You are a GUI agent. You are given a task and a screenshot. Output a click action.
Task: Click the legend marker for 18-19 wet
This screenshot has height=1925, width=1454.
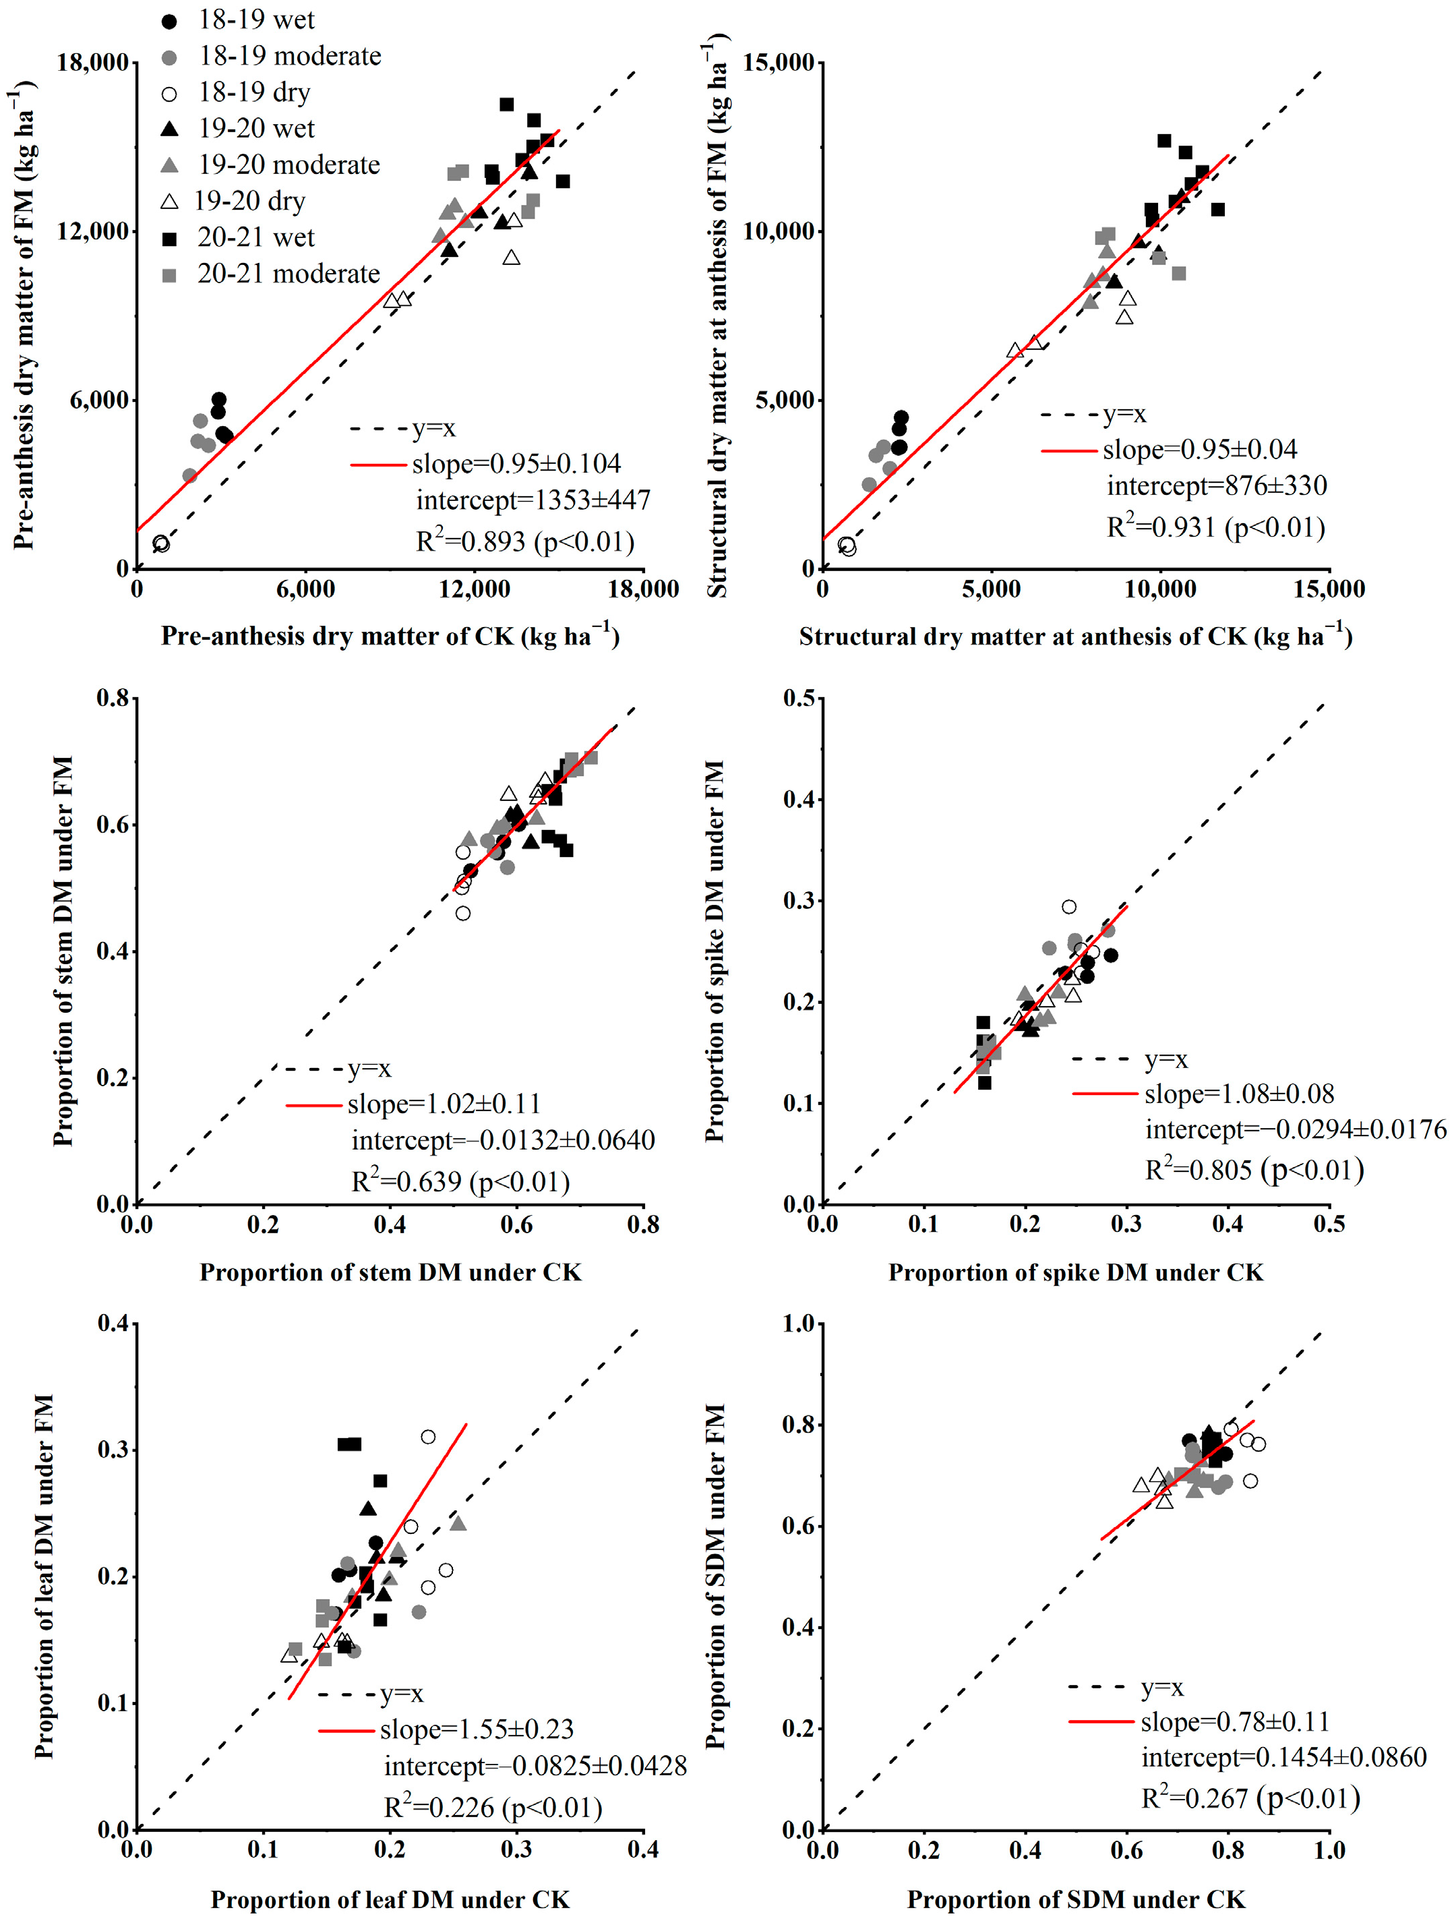click(170, 21)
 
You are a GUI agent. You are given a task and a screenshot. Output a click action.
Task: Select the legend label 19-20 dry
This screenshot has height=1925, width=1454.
click(249, 201)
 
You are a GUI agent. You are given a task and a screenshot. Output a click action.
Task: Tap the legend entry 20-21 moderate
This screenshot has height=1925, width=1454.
click(288, 274)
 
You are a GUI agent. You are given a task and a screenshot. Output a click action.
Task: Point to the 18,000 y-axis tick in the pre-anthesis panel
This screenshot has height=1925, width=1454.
click(92, 63)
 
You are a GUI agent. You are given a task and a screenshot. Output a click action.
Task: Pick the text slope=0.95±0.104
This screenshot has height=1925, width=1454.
click(516, 464)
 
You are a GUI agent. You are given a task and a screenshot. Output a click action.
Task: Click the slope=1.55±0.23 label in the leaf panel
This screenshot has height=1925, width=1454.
click(477, 1729)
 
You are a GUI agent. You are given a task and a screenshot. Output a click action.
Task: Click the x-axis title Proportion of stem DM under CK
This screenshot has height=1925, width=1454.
click(390, 1272)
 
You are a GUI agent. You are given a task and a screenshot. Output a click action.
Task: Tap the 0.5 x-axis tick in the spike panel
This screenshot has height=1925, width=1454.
click(1329, 1224)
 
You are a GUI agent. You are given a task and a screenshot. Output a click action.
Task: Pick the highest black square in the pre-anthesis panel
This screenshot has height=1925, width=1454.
click(506, 105)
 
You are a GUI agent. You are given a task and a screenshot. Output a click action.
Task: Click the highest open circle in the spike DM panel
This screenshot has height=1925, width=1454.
click(1068, 907)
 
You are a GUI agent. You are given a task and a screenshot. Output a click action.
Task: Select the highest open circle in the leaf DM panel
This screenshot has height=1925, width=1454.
click(428, 1437)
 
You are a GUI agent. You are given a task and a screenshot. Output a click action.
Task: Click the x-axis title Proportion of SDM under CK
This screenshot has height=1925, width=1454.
click(1075, 1899)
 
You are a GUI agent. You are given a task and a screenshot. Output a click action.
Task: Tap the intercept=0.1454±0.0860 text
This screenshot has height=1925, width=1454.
click(1283, 1757)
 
